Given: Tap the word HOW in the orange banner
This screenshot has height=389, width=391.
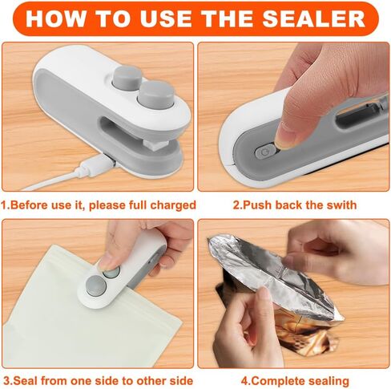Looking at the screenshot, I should pyautogui.click(x=59, y=18).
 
